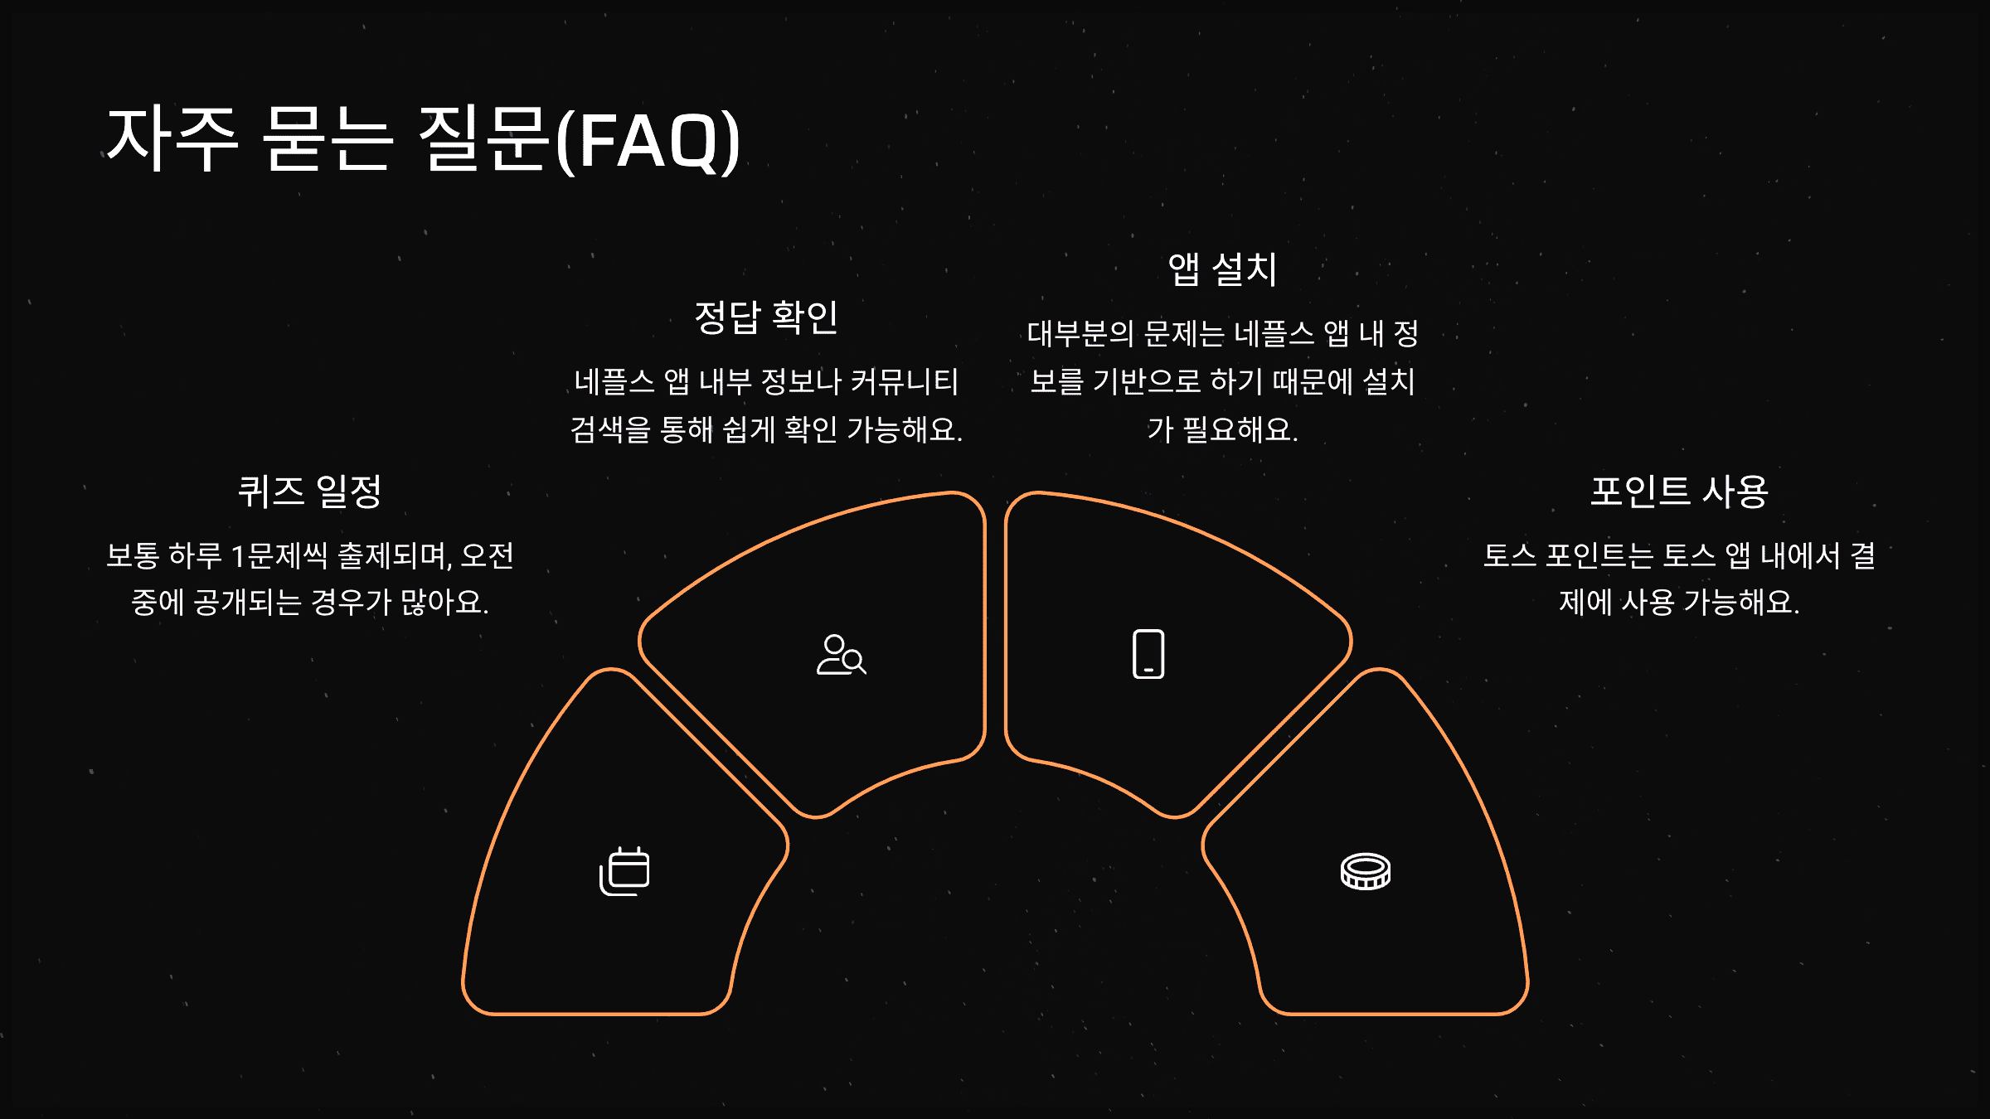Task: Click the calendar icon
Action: [624, 871]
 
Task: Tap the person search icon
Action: [841, 655]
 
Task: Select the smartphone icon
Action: [1148, 654]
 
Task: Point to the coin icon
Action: [1366, 871]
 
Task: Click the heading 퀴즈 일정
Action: [309, 492]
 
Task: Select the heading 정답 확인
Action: [766, 317]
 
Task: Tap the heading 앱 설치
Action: [1222, 269]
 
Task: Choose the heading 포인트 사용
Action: [1679, 492]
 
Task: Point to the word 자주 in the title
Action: [172, 139]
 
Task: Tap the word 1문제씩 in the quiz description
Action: [279, 555]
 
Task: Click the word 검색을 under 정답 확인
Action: [610, 430]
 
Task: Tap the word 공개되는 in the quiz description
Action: [247, 603]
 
